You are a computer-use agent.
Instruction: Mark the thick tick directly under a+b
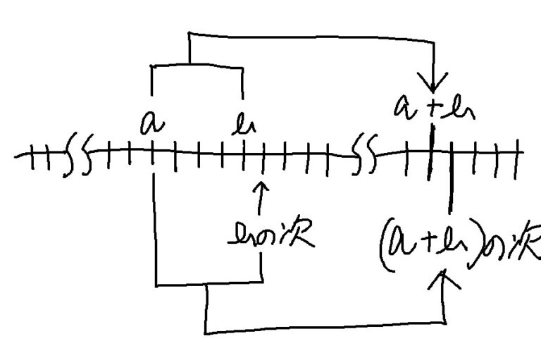tap(430, 151)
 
